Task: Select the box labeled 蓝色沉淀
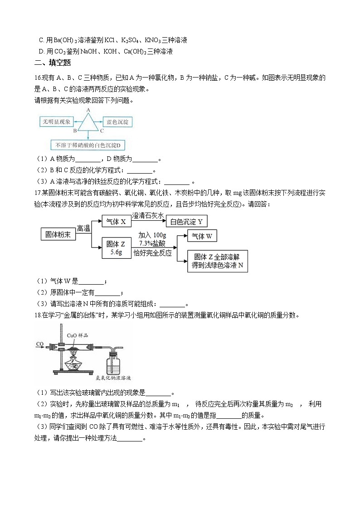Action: [x=117, y=122]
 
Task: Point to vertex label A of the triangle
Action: [x=88, y=110]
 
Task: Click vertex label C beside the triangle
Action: [x=102, y=131]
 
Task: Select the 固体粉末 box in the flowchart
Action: [x=58, y=234]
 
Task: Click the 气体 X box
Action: [x=116, y=222]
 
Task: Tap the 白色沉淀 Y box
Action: [x=186, y=222]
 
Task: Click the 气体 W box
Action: [x=202, y=236]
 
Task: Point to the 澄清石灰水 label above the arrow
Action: [x=148, y=215]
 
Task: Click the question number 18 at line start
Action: [x=38, y=315]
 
